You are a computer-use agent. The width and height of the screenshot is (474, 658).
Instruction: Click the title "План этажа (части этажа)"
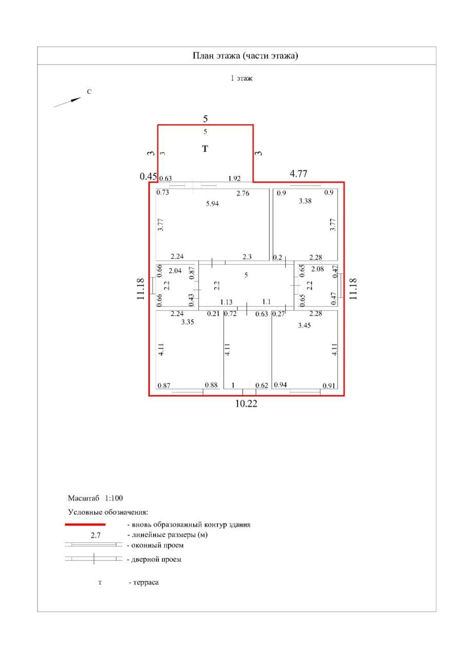(x=245, y=56)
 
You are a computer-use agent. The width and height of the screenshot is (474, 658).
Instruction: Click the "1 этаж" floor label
(x=241, y=79)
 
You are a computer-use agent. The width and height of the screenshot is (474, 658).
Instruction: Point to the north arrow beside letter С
(x=68, y=102)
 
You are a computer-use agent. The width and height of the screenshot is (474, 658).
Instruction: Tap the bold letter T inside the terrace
(x=205, y=149)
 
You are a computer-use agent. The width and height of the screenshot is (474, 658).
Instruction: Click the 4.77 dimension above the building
(x=299, y=174)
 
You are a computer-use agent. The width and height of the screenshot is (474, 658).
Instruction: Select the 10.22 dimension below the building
(x=246, y=404)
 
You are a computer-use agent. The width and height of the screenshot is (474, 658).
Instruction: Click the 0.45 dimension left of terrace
(x=148, y=176)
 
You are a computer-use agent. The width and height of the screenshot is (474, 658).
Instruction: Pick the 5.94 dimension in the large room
(x=212, y=204)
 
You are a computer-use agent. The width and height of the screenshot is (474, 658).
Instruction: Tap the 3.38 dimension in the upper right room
(x=305, y=202)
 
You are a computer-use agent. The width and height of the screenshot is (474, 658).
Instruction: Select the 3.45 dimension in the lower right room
(x=305, y=325)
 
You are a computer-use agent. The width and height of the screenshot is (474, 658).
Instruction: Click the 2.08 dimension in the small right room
(x=317, y=269)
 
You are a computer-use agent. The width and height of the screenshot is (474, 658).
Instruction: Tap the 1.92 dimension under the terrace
(x=234, y=179)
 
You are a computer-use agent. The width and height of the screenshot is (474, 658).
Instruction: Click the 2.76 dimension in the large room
(x=243, y=194)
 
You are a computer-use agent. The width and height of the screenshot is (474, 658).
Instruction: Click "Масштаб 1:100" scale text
(x=95, y=498)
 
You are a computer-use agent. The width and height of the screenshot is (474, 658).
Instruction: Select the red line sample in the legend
(x=85, y=525)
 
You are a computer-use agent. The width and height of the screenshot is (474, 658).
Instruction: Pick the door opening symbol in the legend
(x=94, y=559)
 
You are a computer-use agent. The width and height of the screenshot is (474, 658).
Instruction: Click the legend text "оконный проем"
(x=158, y=545)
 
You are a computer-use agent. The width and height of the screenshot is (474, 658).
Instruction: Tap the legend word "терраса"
(x=146, y=583)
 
